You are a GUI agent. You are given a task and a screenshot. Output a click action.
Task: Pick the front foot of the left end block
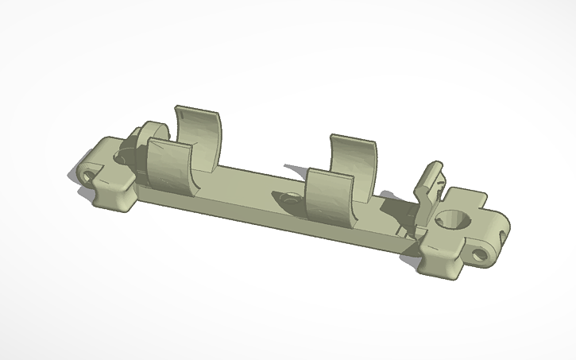pyautogui.click(x=111, y=199)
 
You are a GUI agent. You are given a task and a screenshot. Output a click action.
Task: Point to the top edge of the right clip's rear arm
pyautogui.click(x=353, y=138)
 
